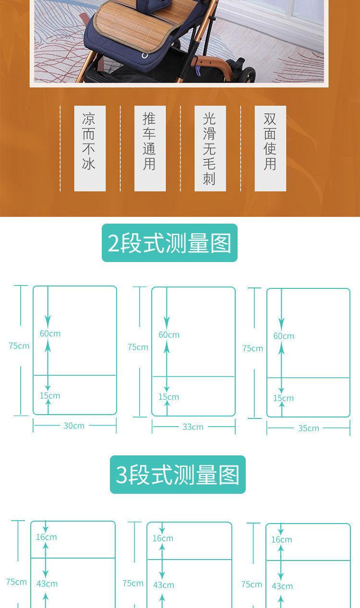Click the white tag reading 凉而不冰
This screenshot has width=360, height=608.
tap(90, 148)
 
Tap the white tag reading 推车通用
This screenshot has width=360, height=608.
tap(150, 148)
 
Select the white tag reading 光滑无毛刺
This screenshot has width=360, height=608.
tap(210, 148)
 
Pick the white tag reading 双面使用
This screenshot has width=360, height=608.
tap(270, 148)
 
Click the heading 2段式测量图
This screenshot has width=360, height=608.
tap(169, 243)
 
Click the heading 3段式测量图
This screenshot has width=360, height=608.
tap(178, 475)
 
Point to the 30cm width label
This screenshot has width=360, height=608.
tap(74, 426)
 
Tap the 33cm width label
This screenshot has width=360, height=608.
tap(193, 427)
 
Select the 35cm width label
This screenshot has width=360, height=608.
tap(308, 428)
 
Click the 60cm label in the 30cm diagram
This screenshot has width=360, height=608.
tap(50, 334)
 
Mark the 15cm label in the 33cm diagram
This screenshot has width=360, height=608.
tap(168, 397)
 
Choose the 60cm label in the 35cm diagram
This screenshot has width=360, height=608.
tap(284, 336)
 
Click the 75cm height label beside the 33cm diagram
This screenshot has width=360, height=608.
tap(138, 347)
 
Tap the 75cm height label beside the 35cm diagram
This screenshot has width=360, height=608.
tap(252, 348)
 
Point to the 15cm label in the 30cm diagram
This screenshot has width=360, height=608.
tap(50, 396)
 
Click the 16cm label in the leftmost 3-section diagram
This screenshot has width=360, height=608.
tap(47, 537)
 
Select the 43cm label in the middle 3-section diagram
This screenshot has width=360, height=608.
tap(164, 585)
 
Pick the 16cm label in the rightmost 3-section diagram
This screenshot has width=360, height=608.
tap(282, 539)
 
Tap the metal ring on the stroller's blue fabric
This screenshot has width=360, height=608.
tap(144, 56)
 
